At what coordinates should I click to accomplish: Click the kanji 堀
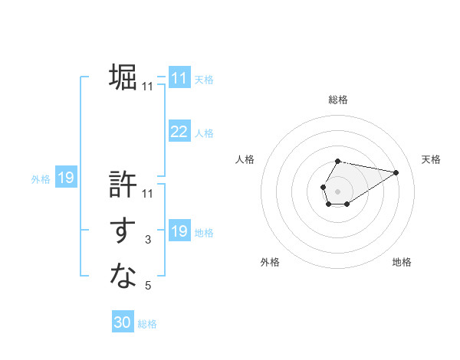point(123,77)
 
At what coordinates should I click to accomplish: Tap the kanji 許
point(123,185)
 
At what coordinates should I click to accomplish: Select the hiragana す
point(123,231)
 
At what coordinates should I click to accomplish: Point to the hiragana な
point(123,276)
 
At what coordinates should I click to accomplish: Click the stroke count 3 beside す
point(148,241)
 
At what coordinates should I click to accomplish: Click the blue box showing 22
point(179,132)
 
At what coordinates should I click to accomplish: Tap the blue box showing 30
point(123,322)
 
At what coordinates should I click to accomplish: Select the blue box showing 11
point(179,78)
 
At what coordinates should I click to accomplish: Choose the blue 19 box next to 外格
point(66,178)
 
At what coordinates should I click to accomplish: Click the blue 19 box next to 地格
point(179,231)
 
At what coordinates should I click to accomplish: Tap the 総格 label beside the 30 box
point(147,324)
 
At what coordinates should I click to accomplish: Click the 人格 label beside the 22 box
point(204,133)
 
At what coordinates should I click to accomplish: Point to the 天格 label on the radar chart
point(432,159)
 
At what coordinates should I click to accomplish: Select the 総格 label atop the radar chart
point(338,100)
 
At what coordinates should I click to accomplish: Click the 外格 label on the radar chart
point(270,262)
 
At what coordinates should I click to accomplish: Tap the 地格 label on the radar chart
point(402,262)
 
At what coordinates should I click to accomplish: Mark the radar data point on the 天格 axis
point(396,172)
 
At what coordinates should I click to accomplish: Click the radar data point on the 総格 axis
point(338,162)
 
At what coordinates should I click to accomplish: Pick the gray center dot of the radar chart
point(338,190)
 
